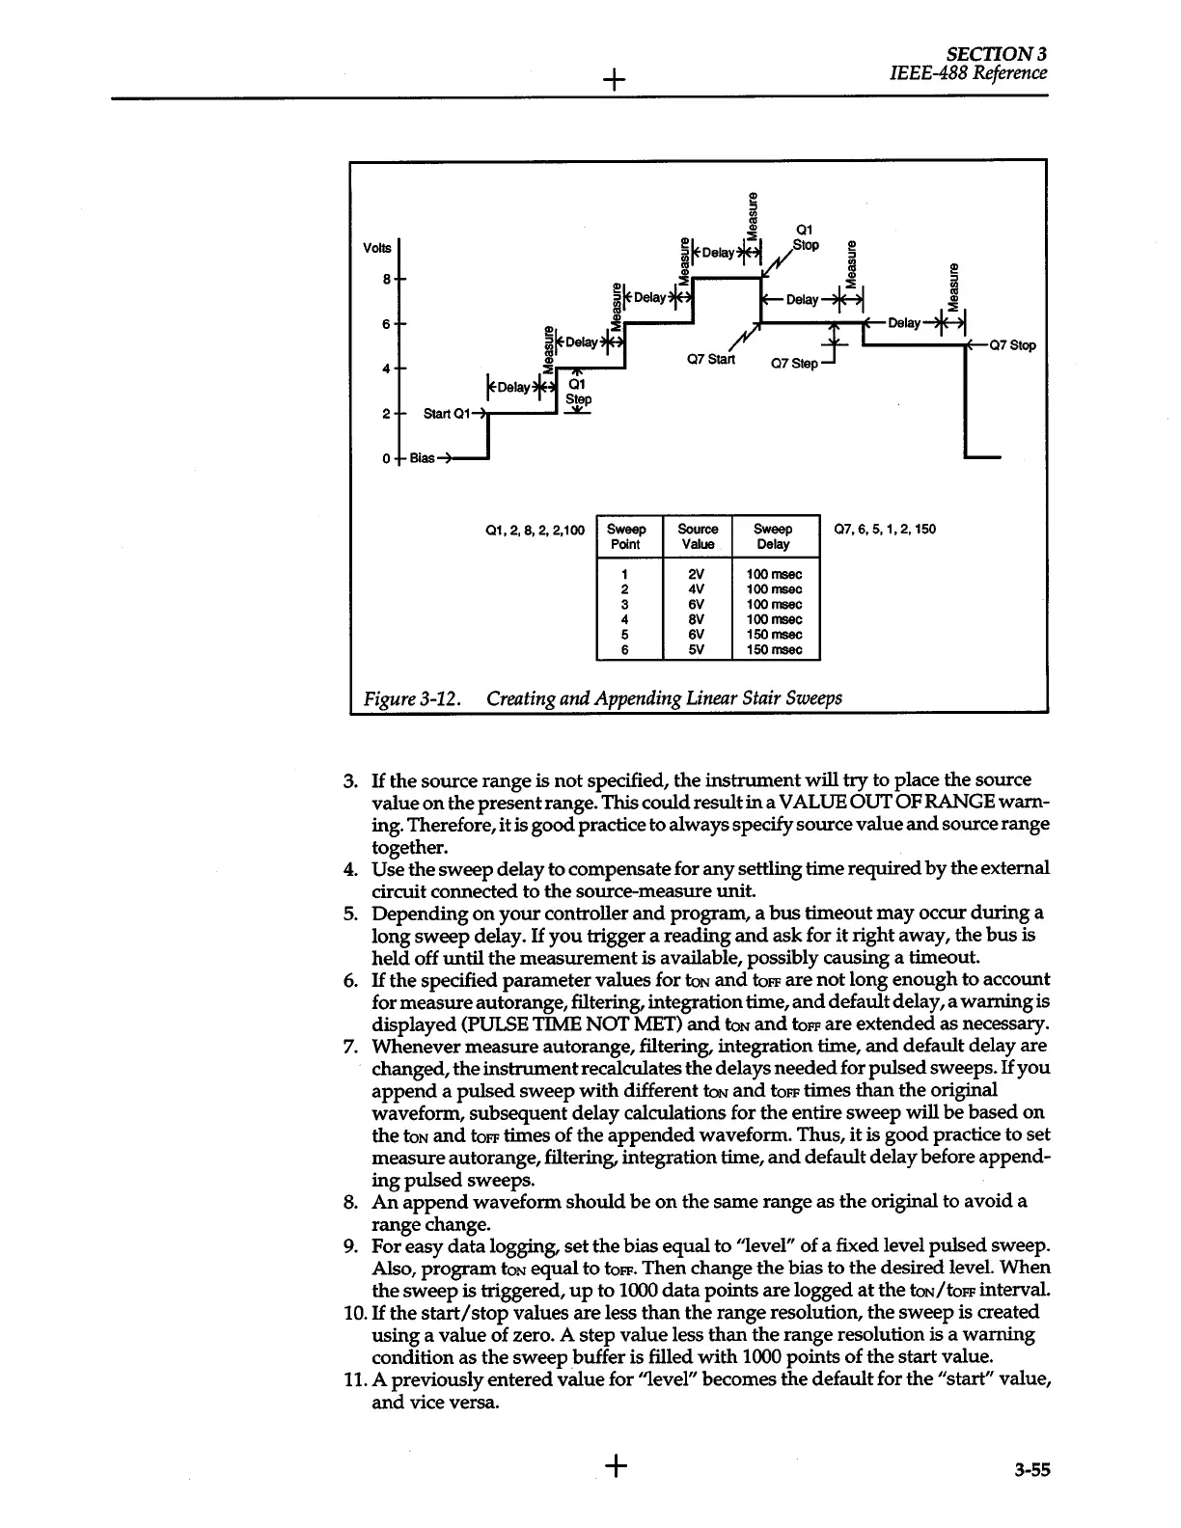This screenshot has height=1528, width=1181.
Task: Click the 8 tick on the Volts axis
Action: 386,279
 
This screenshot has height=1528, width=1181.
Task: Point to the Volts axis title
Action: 377,248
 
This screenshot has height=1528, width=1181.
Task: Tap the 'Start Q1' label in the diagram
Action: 446,414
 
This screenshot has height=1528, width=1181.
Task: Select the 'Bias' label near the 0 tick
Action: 422,457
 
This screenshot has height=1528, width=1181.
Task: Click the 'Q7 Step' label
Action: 793,364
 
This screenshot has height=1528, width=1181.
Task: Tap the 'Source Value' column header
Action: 698,536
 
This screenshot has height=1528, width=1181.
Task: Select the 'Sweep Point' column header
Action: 626,536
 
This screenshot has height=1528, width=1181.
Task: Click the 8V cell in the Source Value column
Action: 698,619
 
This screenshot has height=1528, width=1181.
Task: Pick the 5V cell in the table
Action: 698,649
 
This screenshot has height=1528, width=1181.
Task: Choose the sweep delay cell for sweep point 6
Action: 774,649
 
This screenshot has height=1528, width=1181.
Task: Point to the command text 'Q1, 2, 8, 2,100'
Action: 536,530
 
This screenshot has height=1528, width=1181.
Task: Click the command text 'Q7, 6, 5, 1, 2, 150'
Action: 884,529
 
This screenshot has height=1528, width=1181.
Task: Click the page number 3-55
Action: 1031,1470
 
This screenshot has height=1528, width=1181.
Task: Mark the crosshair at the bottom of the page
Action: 615,1467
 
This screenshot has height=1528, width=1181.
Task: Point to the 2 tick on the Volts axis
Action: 385,414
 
